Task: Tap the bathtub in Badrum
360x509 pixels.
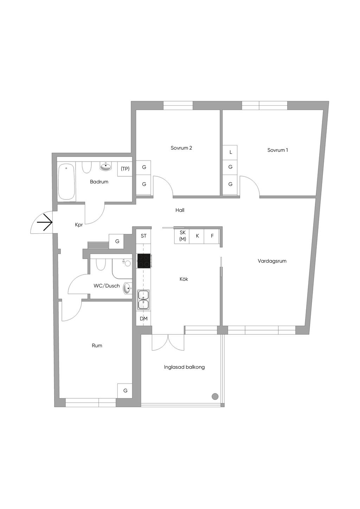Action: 66,182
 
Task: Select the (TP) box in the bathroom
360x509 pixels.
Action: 125,169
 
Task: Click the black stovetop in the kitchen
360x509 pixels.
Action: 144,261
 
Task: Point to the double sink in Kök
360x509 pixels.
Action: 143,300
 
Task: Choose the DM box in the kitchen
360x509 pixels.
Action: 143,319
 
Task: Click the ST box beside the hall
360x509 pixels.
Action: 143,236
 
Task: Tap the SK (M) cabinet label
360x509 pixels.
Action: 182,236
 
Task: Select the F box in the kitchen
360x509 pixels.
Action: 212,236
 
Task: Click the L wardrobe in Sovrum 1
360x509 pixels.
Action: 231,152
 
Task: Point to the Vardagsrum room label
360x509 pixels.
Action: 272,261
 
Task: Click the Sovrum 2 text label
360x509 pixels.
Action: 181,148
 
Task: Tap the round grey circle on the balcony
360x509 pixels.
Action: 215,397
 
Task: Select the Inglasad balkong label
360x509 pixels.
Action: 184,367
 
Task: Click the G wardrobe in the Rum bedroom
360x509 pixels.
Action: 125,391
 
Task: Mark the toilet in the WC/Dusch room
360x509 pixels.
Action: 101,264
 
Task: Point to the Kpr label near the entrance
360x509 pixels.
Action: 79,225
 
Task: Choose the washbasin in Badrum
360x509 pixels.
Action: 106,167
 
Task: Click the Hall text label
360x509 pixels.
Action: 180,210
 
